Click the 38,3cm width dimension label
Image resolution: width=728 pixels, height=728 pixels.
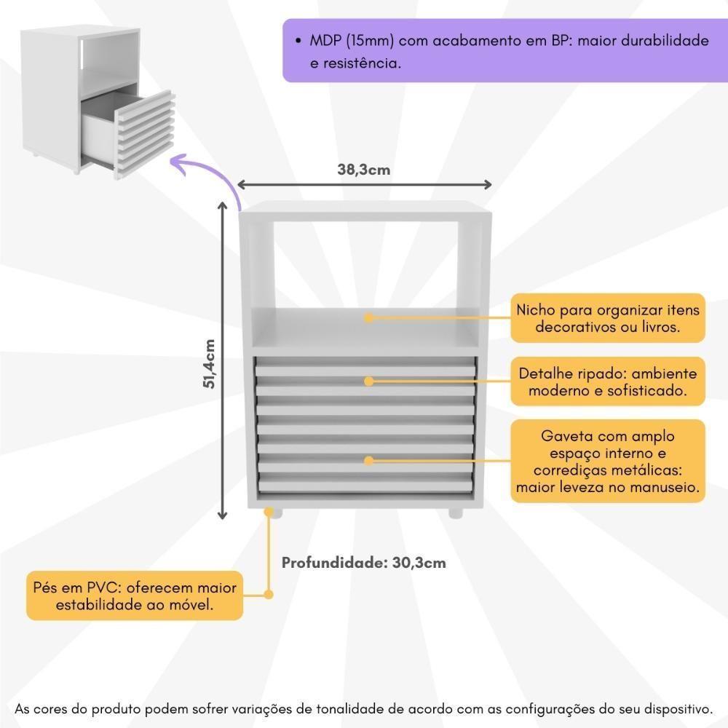pos(363,170)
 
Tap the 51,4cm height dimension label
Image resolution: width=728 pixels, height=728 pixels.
pos(210,364)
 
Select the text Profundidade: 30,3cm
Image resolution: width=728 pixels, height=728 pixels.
pos(363,563)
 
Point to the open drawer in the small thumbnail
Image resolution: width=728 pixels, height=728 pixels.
pos(127,133)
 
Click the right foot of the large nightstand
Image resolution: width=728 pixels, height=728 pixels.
pos(456,513)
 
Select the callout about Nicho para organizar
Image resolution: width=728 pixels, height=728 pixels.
pos(608,319)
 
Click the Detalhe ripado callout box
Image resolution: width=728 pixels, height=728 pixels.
pos(608,381)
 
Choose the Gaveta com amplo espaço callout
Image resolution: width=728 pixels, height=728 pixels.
pos(608,461)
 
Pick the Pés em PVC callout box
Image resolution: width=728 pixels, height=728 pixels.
pos(135,596)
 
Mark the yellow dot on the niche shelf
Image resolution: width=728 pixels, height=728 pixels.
pos(368,318)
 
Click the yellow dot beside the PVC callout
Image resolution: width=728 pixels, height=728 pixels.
pos(269,594)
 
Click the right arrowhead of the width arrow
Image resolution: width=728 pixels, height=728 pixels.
pos(487,185)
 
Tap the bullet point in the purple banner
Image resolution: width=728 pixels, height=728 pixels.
pos(298,41)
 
